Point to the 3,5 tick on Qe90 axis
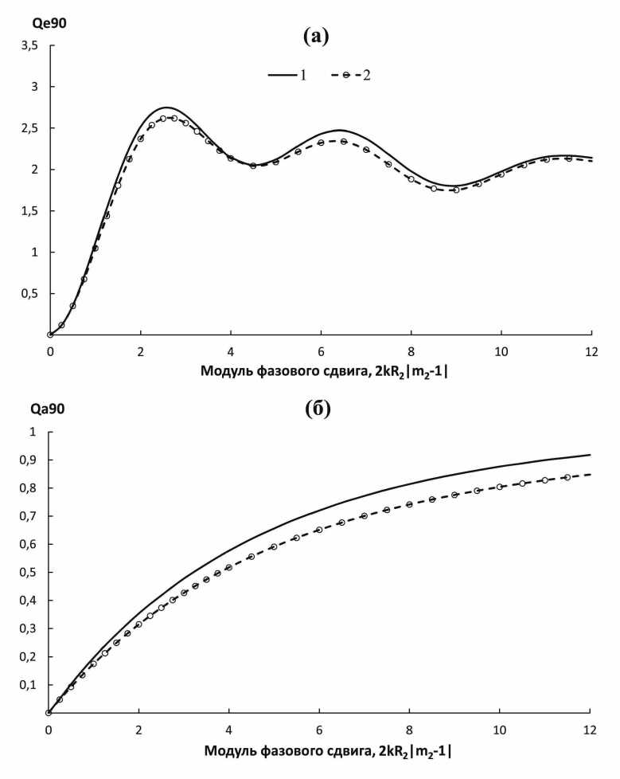tap(29, 45)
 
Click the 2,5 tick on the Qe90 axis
tap(29, 128)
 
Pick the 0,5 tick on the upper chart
tap(29, 294)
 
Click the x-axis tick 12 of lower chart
tap(590, 729)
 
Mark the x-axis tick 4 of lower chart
tap(229, 729)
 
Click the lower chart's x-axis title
tap(329, 750)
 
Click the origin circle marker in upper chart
tap(50, 335)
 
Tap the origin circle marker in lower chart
tap(49, 713)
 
